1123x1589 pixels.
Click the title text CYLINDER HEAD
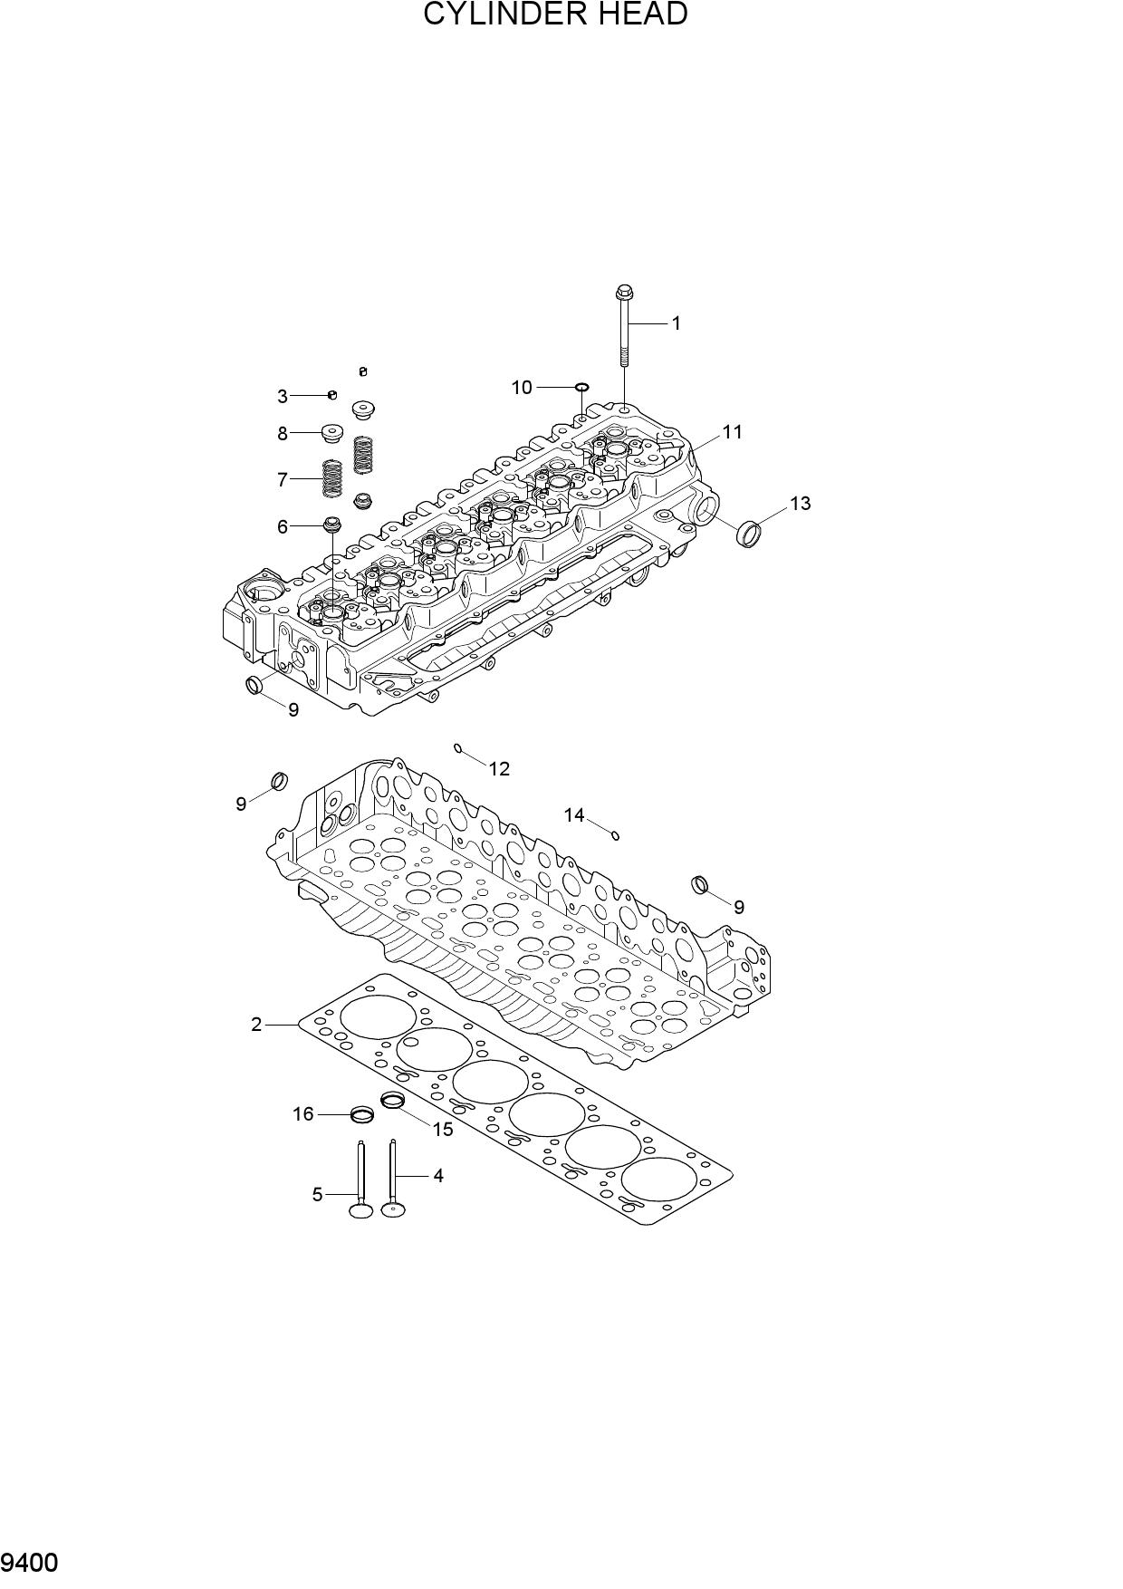pyautogui.click(x=556, y=14)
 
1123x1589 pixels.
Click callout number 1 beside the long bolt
pyautogui.click(x=676, y=323)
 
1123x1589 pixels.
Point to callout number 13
pyautogui.click(x=800, y=503)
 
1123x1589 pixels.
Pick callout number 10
pyautogui.click(x=522, y=388)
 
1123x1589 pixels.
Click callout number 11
pyautogui.click(x=732, y=432)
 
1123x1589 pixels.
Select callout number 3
pyautogui.click(x=283, y=397)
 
